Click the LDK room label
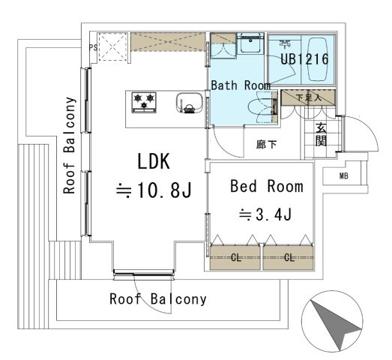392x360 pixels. (154, 161)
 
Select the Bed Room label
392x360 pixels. (267, 187)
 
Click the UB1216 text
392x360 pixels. (304, 59)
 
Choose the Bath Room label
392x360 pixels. (241, 85)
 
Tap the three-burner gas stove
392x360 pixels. (144, 103)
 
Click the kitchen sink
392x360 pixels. (190, 103)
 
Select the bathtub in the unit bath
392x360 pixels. (318, 59)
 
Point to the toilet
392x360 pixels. (262, 107)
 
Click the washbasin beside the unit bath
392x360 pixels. (250, 43)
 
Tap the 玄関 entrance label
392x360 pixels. (321, 134)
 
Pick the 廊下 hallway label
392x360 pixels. (267, 144)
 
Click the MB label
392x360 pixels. (344, 176)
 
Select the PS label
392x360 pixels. (94, 47)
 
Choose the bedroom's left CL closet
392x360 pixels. (235, 258)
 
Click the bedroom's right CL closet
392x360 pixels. (289, 258)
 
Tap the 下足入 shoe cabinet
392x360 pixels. (308, 97)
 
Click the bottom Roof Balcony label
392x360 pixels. (158, 299)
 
